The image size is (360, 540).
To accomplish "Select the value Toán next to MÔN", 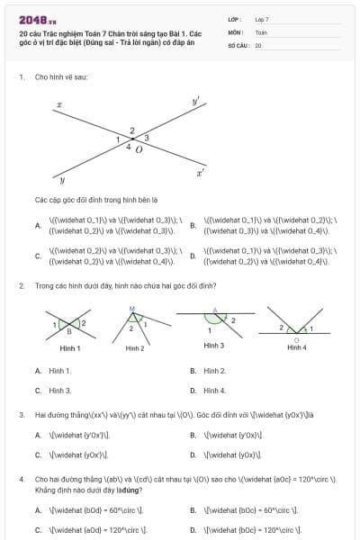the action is pyautogui.click(x=261, y=31).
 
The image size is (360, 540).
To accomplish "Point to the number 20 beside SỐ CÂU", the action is pyautogui.click(x=258, y=44).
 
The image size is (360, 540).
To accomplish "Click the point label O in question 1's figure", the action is pyautogui.click(x=138, y=149).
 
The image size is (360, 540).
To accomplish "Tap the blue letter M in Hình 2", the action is pyautogui.click(x=131, y=310).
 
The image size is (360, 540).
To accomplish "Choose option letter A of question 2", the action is pyautogui.click(x=37, y=371).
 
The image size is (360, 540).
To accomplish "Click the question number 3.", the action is pyautogui.click(x=21, y=415).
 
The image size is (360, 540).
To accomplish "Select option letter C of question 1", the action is pyautogui.click(x=37, y=256).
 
